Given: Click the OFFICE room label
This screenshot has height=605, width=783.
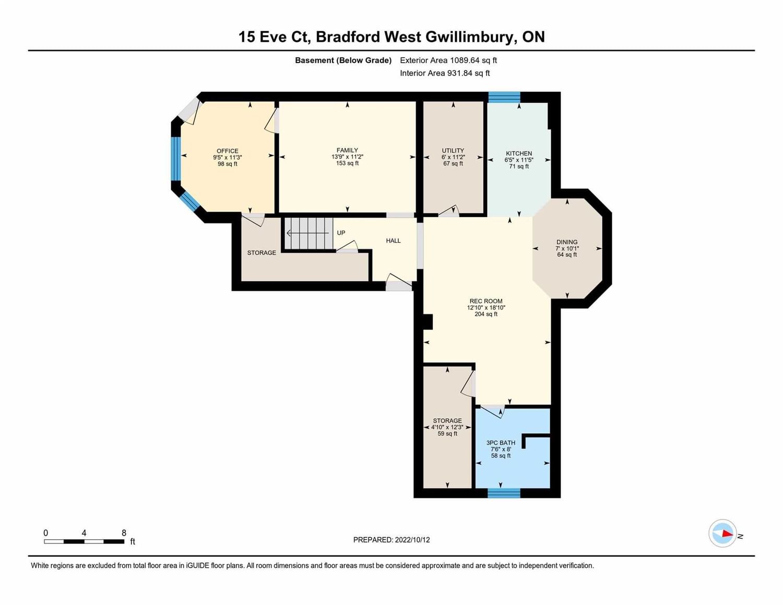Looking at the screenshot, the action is coord(227,151).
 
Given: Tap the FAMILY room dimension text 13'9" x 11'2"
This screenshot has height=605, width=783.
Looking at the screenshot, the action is coord(347,157).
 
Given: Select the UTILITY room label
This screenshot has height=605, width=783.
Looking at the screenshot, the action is coord(453,151).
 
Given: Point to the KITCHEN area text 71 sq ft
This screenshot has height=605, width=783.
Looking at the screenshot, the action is coord(519,167).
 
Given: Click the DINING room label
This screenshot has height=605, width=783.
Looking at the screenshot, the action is coord(567,242).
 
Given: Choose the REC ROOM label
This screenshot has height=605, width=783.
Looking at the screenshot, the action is coord(486,301).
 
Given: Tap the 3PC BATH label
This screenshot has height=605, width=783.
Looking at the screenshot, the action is coord(501,443).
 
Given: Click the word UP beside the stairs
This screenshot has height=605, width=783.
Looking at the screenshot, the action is coord(341,233).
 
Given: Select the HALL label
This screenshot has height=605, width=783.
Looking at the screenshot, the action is coord(393,241).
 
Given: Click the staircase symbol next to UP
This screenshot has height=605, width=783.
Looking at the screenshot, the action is coord(309,233).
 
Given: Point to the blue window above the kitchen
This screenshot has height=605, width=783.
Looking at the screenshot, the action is coord(504,97).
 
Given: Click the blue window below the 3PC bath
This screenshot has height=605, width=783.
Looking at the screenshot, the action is coord(504,493).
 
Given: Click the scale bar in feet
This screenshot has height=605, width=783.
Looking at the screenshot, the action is coord(85,542).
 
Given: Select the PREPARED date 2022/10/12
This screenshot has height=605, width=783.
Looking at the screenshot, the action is coord(412,540).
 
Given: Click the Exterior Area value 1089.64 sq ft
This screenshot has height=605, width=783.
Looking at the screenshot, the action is coord(473,60).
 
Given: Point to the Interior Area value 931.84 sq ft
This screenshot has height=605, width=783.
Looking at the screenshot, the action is coord(468,73).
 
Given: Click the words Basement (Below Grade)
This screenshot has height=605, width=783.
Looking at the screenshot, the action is coord(343,61).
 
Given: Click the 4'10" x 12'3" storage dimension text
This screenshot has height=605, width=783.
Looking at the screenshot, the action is coord(447,428).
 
